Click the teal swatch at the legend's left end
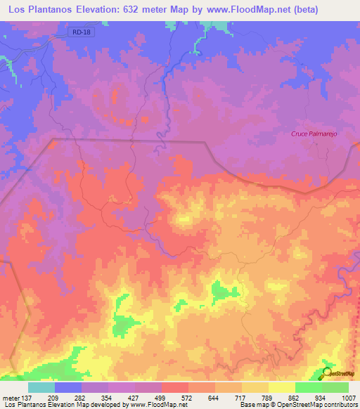(x=41, y=387)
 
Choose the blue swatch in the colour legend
(x=68, y=387)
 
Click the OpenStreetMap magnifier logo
(x=327, y=372)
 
